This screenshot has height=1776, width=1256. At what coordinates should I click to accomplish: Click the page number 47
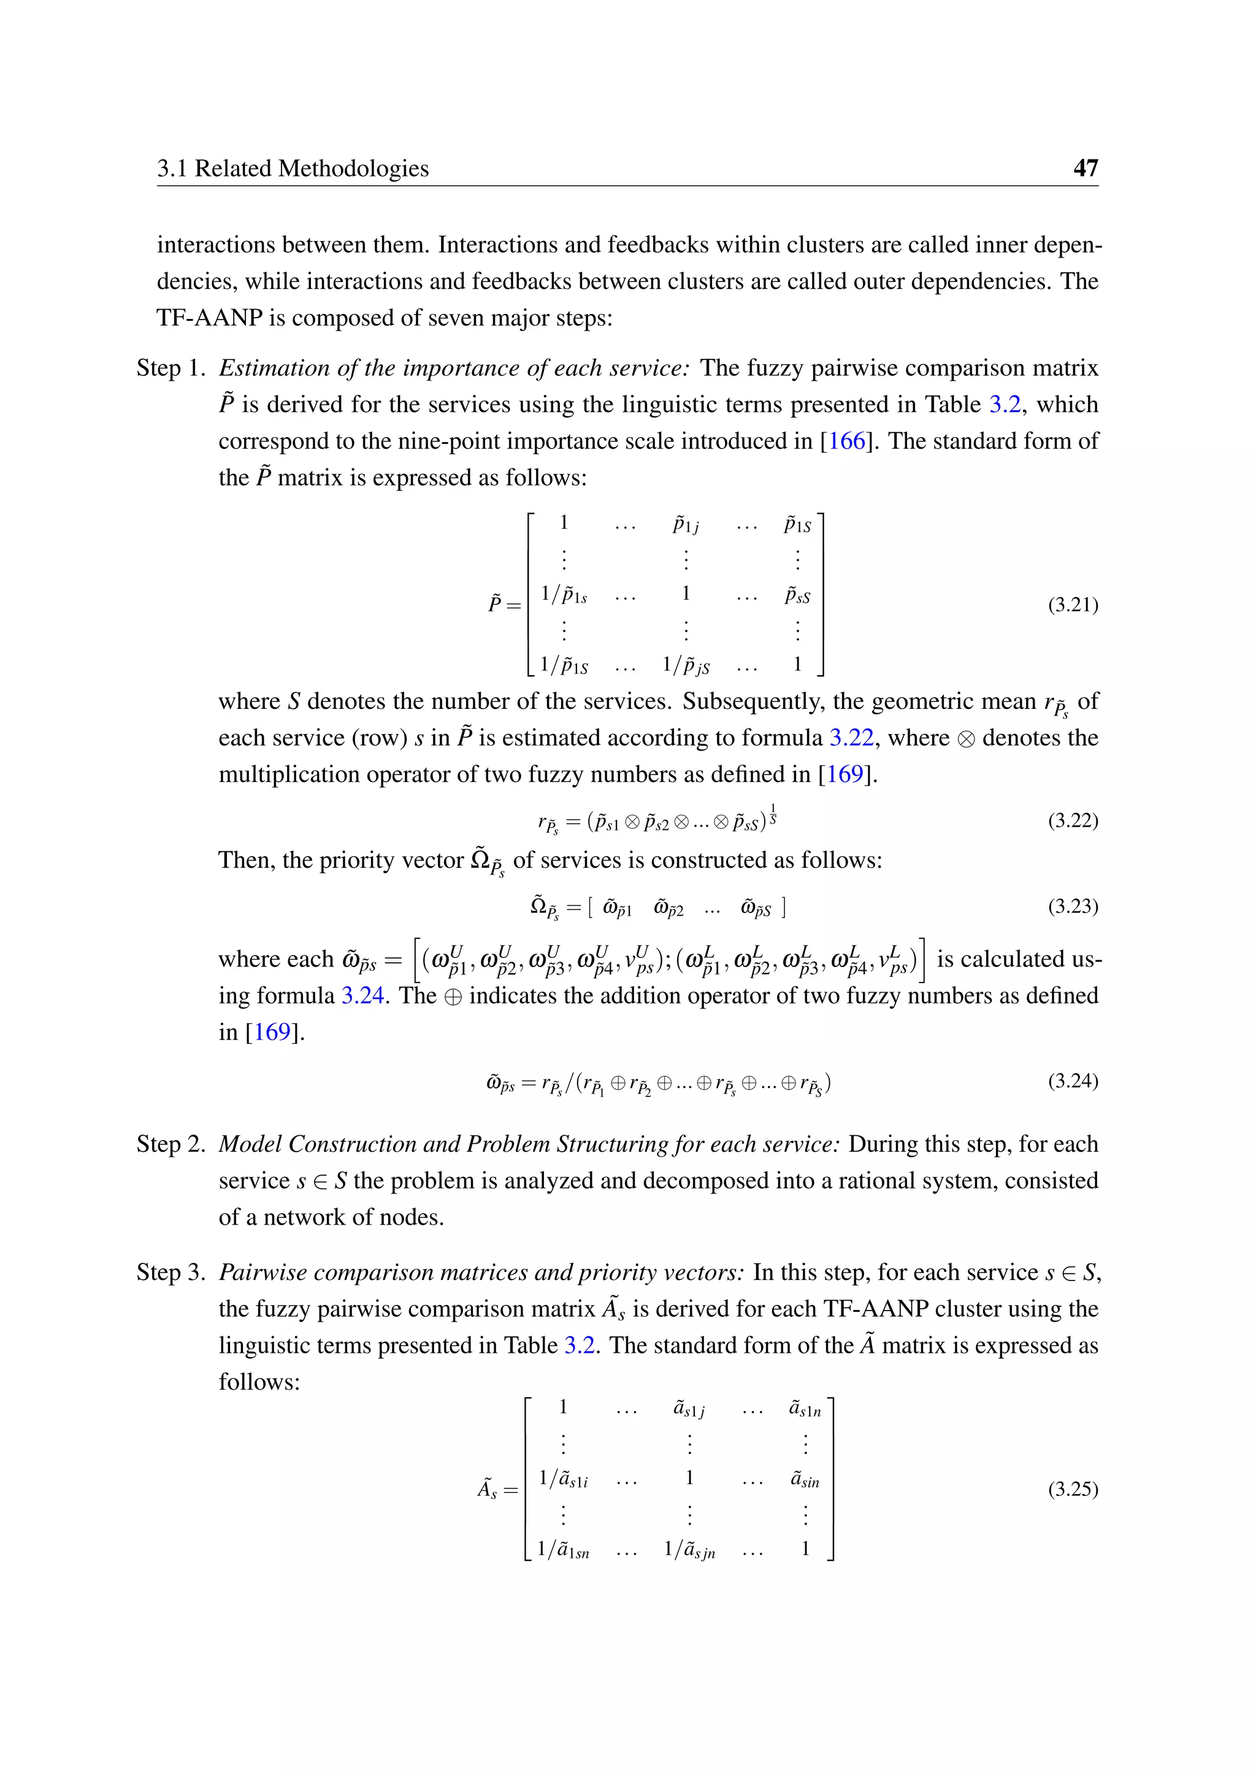point(1085,168)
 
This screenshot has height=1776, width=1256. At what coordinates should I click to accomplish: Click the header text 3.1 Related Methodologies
point(293,168)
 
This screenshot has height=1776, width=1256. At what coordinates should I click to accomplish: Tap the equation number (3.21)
point(1073,604)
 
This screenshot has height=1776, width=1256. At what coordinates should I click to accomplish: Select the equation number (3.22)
point(1073,820)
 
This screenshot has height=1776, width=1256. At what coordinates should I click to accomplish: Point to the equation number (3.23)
point(1073,906)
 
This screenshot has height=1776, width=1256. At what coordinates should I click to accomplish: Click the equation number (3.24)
point(1073,1081)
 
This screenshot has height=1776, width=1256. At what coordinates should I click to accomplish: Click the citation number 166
point(847,441)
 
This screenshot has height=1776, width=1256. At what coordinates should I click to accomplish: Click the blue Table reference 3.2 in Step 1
point(1005,405)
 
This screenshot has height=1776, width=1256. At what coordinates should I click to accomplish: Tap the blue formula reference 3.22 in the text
point(851,738)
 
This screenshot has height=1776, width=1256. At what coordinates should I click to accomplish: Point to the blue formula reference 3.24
point(362,995)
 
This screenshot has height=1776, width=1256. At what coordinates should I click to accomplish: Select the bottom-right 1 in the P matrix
point(797,664)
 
